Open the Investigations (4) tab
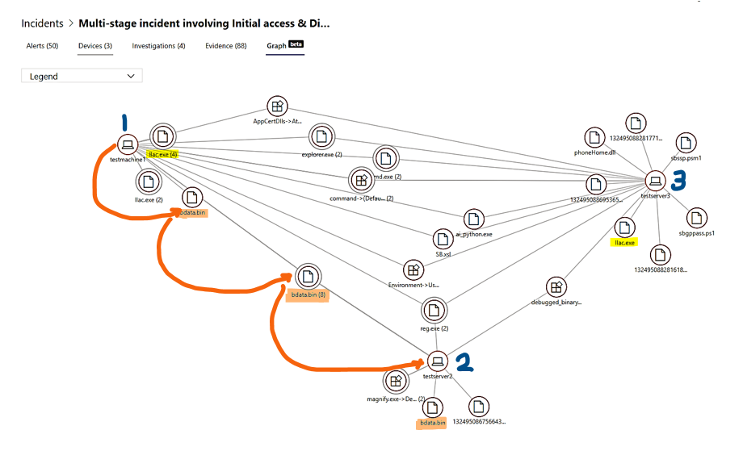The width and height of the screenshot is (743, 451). point(158,46)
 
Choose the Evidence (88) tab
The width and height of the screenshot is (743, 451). point(226,46)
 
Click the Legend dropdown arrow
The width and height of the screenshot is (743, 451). point(132,76)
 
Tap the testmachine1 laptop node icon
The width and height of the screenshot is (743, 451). point(126,144)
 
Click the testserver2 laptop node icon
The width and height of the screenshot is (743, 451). point(438,360)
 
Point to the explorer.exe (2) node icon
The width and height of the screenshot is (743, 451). point(321,136)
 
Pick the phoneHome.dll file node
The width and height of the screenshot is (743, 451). point(595,137)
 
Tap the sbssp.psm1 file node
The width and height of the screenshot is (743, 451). point(686,144)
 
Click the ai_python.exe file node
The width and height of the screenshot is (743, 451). point(474,219)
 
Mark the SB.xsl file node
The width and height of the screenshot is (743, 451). point(442,239)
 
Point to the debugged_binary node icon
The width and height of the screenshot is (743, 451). point(556,287)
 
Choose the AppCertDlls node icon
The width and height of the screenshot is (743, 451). point(277,107)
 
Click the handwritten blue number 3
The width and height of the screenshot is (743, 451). point(678,180)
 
